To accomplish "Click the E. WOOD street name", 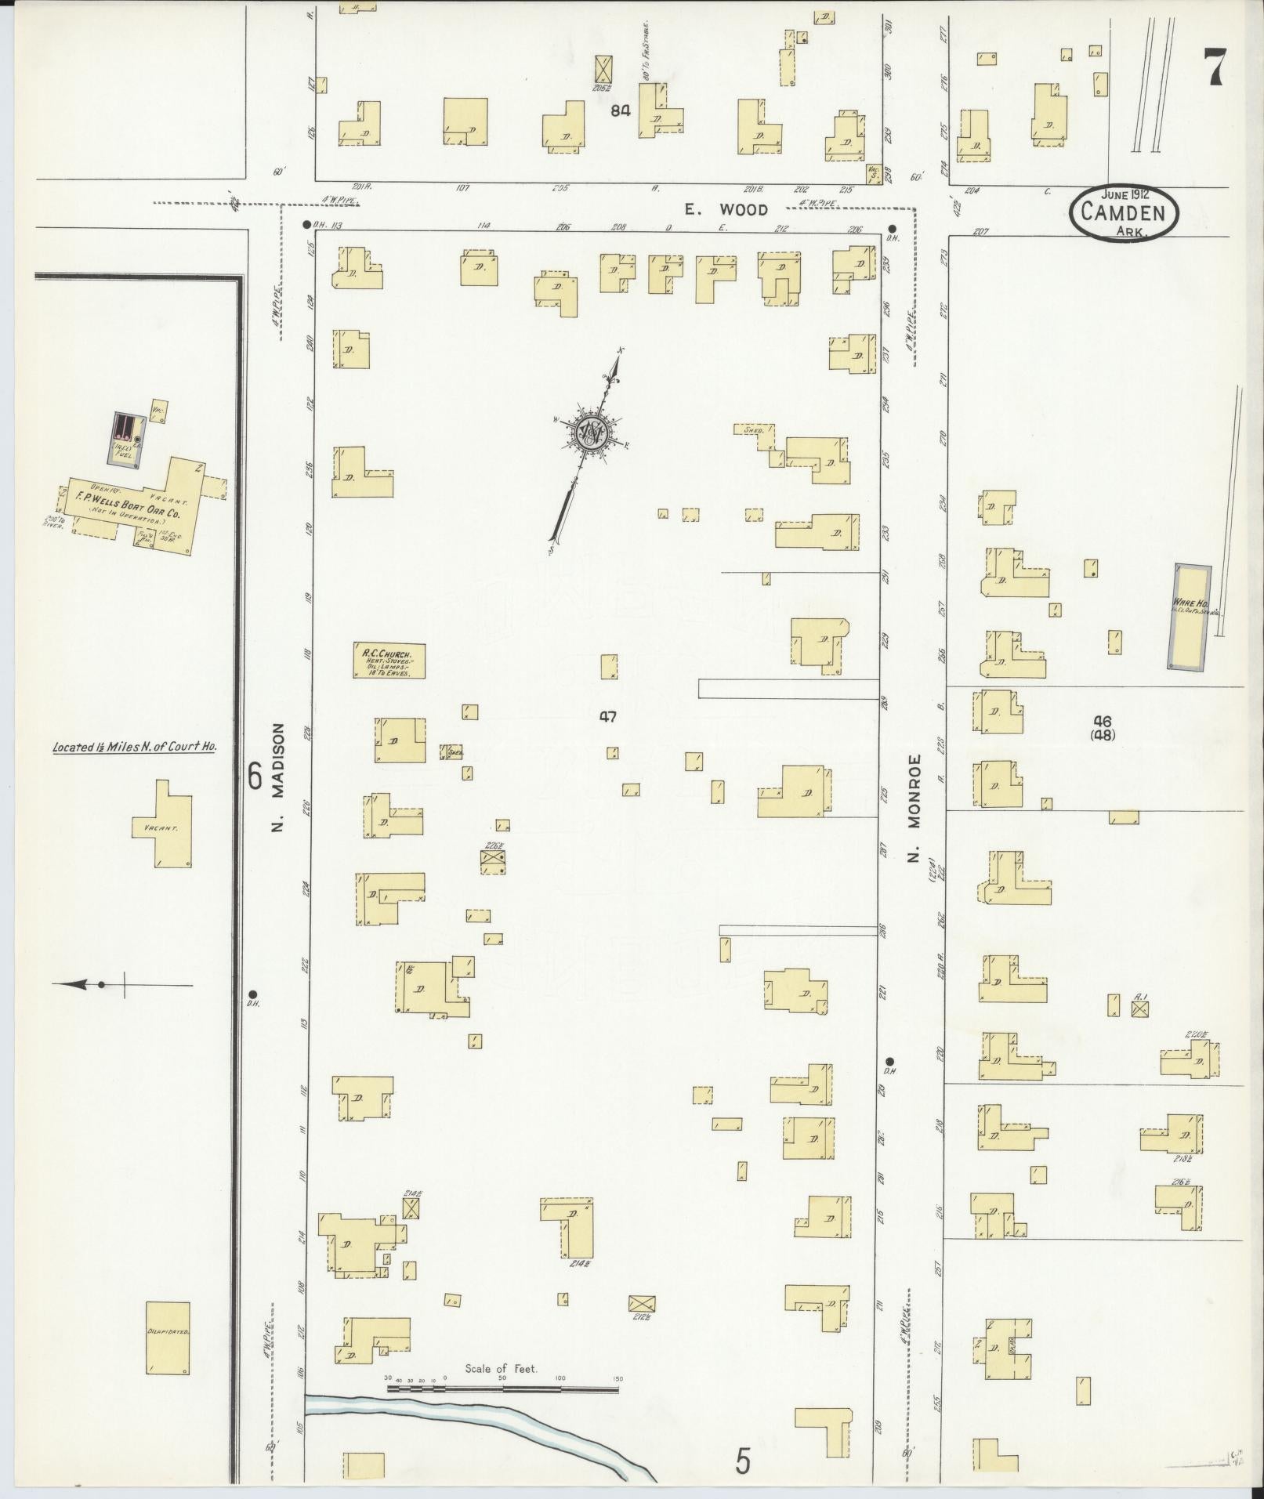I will pos(726,209).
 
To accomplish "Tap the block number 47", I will pos(607,716).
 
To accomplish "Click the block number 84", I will pos(621,111).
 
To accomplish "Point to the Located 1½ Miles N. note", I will pos(134,747).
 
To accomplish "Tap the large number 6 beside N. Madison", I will pos(255,777).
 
